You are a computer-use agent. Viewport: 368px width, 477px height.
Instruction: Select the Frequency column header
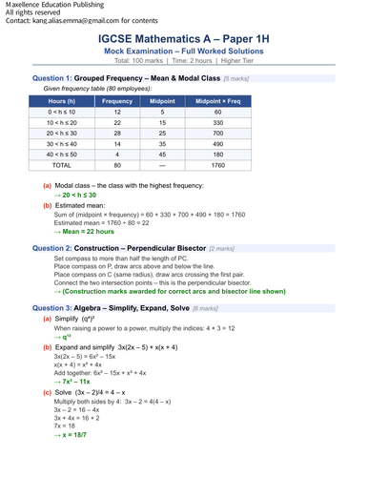[117, 100]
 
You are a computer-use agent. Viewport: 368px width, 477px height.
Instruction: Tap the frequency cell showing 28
[117, 135]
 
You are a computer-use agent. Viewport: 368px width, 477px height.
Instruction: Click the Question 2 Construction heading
[132, 247]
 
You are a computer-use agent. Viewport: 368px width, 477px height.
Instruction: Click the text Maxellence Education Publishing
[55, 6]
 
